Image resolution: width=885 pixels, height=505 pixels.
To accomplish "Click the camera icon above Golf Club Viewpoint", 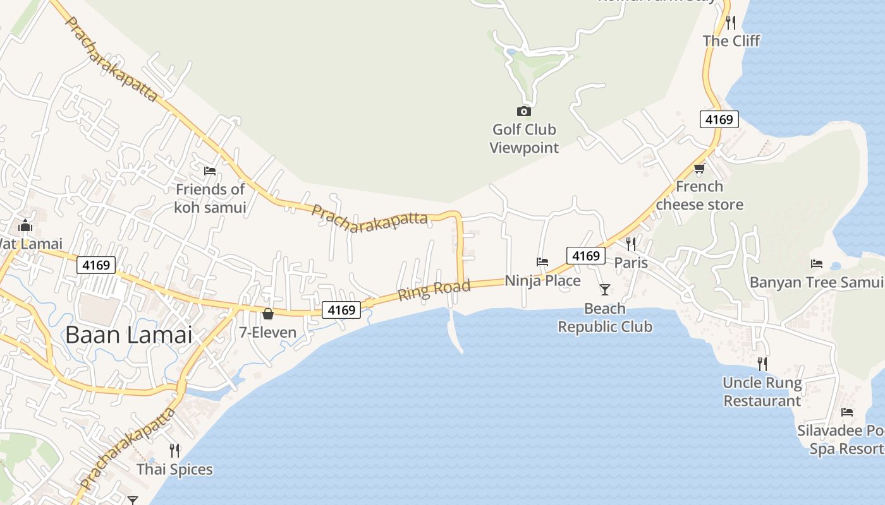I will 524,112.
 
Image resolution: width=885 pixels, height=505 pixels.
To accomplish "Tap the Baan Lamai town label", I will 129,335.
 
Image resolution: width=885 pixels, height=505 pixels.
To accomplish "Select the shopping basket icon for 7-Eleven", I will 268,314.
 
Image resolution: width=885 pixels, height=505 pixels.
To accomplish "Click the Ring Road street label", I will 434,290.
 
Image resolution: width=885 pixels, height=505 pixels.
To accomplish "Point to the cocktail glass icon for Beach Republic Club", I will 605,290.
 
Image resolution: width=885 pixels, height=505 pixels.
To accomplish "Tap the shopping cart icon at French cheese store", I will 699,168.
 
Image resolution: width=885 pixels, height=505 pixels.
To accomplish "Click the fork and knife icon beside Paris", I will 630,244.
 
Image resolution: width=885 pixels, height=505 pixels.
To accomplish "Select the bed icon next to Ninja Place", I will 542,261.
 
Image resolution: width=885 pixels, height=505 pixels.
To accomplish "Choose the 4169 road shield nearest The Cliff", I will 719,119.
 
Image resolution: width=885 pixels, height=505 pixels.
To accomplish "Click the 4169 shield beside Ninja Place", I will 585,256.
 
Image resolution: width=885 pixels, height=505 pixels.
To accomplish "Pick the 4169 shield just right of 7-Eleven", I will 341,310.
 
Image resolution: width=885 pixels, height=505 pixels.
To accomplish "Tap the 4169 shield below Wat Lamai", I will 96,265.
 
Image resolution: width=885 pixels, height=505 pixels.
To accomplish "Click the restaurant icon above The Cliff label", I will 731,23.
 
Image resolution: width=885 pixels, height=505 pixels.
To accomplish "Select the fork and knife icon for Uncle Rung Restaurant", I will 762,364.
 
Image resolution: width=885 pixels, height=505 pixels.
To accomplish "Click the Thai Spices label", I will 174,470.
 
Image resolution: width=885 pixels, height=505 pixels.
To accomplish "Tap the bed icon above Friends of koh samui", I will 210,171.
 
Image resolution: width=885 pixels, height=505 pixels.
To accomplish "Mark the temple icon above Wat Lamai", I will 25,225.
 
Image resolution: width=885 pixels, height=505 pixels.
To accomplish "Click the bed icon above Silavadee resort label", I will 847,412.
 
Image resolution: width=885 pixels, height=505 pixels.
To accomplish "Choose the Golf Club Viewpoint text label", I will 524,139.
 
